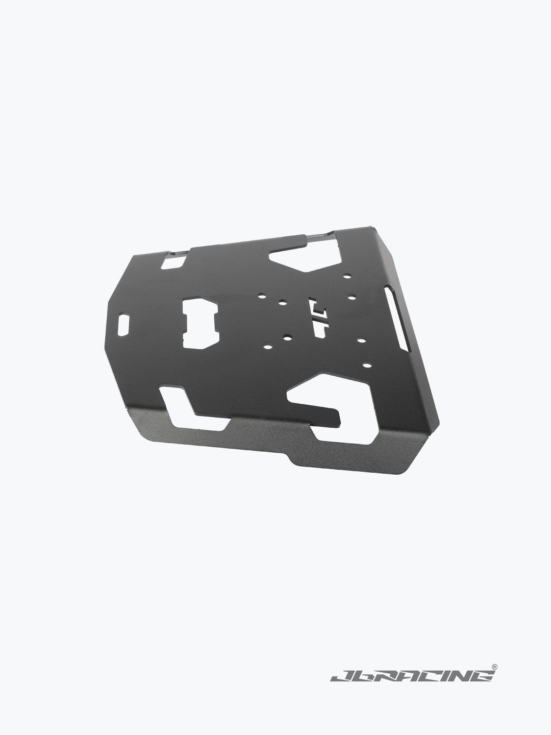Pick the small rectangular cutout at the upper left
174,262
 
